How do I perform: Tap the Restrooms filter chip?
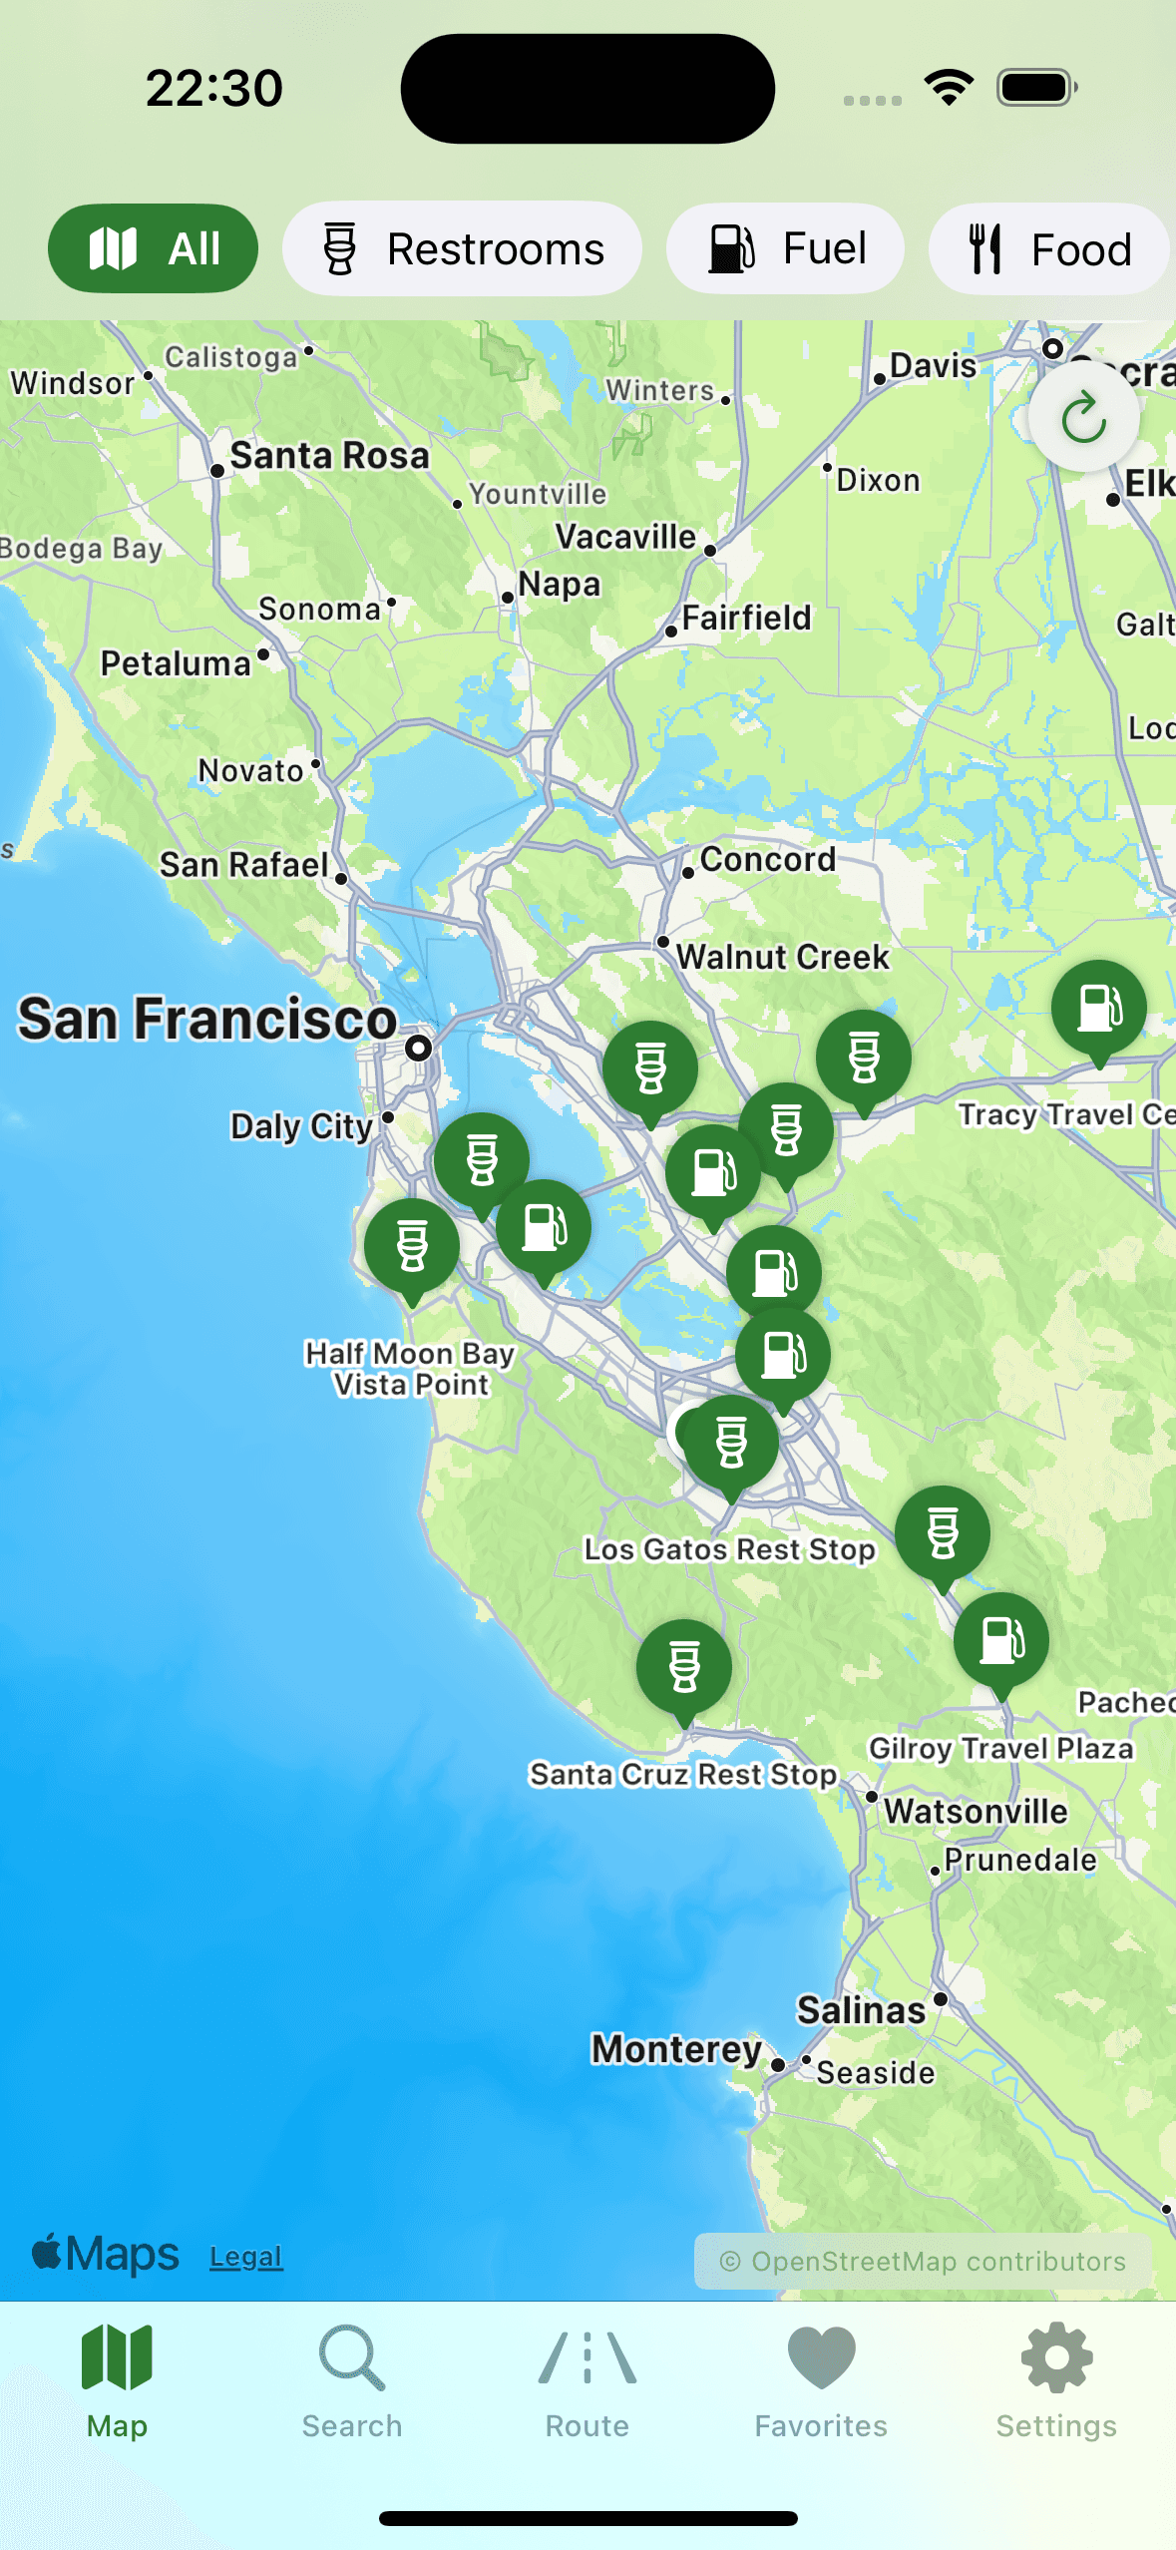(462, 249)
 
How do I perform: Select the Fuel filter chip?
(785, 249)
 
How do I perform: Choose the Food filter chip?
(1048, 249)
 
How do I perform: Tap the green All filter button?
(153, 249)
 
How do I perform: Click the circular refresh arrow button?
(1083, 417)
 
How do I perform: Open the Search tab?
(352, 2380)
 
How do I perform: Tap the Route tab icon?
(587, 2380)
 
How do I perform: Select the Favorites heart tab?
(821, 2380)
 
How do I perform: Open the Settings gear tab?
(1056, 2380)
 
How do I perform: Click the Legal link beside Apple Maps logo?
(246, 2257)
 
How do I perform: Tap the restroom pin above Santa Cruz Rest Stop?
(684, 1667)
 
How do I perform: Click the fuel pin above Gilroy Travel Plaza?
(1001, 1640)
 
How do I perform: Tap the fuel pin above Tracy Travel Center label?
(1099, 1008)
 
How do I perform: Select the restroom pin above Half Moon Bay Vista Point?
(412, 1246)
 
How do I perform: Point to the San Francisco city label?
(207, 1020)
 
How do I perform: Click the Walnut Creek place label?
(782, 957)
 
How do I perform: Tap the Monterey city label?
(676, 2049)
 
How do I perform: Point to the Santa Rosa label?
(329, 456)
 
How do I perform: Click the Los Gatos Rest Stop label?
(729, 1549)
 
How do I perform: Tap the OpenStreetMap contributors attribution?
(923, 2262)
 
